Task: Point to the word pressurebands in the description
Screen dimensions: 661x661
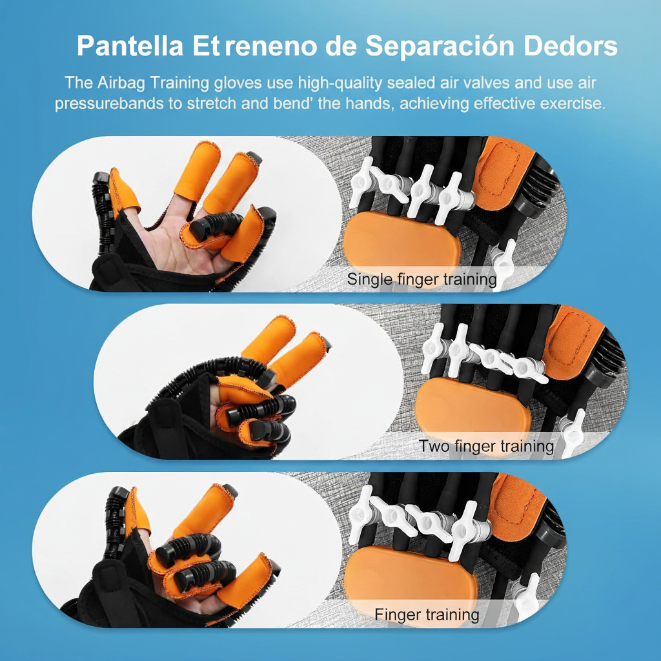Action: click(x=110, y=103)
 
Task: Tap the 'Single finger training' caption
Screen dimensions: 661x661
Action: click(x=422, y=280)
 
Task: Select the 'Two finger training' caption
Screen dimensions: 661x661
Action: click(x=486, y=445)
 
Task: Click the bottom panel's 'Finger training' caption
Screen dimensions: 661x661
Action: click(x=427, y=614)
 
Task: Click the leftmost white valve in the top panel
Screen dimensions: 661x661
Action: click(x=363, y=183)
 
